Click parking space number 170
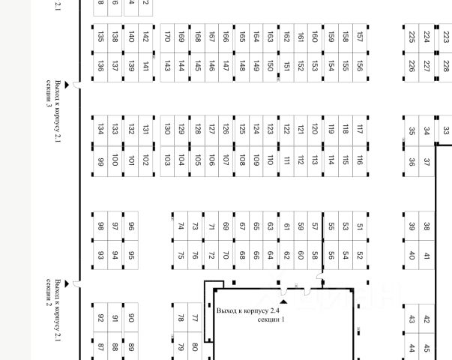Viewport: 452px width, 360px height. [x=167, y=37]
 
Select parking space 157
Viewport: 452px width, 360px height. [x=360, y=37]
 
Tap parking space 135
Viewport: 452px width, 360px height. [x=100, y=37]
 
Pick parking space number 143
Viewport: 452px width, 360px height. [x=167, y=67]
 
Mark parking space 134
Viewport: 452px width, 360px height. [x=100, y=130]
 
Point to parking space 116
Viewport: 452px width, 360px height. [x=360, y=160]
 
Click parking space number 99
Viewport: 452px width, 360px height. [x=100, y=160]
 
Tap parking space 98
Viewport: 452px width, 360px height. [x=100, y=226]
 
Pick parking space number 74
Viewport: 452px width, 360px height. [x=181, y=226]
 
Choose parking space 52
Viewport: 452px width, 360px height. [x=360, y=255]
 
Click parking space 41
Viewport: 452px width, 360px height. [x=427, y=256]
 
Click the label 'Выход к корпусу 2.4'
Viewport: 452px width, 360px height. [x=247, y=310]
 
